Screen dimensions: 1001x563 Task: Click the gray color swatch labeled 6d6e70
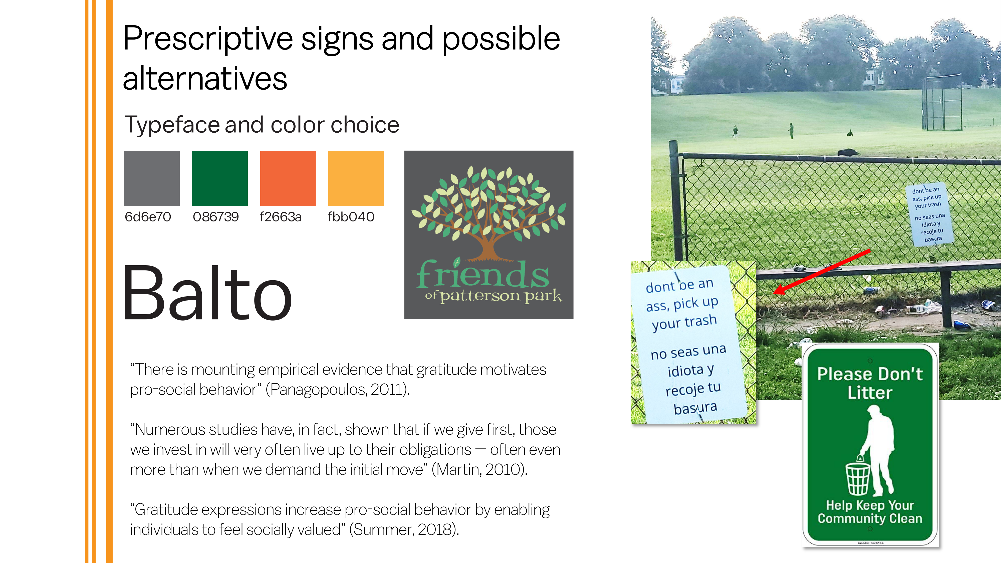pyautogui.click(x=152, y=178)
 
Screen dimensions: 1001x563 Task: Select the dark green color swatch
pyautogui.click(x=220, y=178)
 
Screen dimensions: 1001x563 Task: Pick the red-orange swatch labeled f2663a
pyautogui.click(x=288, y=178)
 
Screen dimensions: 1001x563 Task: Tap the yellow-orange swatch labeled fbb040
pyautogui.click(x=356, y=178)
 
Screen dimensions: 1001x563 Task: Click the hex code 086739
pyautogui.click(x=216, y=217)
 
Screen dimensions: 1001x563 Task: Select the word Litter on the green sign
pyautogui.click(x=870, y=392)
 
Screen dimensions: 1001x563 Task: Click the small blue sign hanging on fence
pyautogui.click(x=929, y=214)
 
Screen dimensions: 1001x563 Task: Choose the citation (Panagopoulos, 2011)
pyautogui.click(x=338, y=389)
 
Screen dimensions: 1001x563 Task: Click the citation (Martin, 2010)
pyautogui.click(x=479, y=469)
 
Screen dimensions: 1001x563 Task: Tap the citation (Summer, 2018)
pyautogui.click(x=404, y=529)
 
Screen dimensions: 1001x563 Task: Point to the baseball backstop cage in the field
pyautogui.click(x=942, y=103)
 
